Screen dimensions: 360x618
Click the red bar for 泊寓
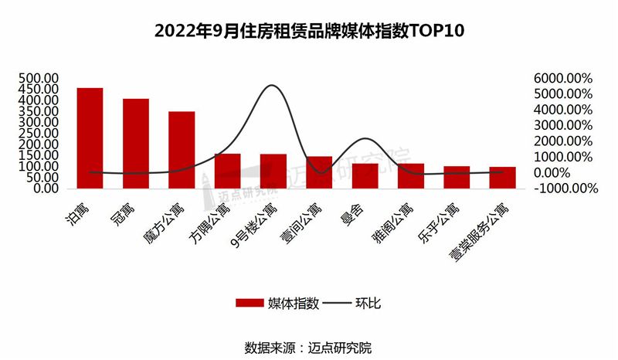tap(90, 138)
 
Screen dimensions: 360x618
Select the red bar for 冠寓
tap(135, 143)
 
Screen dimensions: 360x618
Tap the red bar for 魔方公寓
tap(182, 149)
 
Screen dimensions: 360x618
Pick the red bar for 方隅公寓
tap(227, 171)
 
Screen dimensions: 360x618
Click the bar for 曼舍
tap(365, 175)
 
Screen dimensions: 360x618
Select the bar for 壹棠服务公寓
tap(503, 177)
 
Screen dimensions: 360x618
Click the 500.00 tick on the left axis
tap(39, 78)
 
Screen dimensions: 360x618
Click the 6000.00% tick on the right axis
tap(561, 78)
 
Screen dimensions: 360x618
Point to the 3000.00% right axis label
tap(561, 125)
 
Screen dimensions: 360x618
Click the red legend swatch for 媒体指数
tap(250, 304)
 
